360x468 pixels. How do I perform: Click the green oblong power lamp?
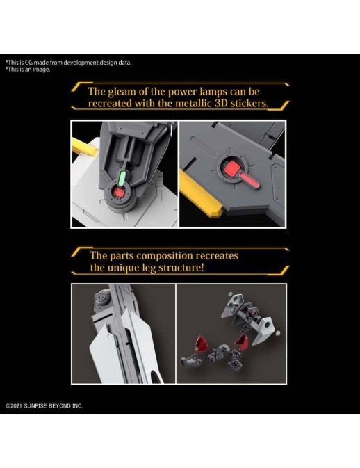click(x=122, y=178)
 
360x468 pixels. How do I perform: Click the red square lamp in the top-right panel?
click(x=231, y=169)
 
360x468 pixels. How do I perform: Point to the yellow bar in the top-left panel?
click(x=84, y=146)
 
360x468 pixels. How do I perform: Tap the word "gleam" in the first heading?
click(x=122, y=92)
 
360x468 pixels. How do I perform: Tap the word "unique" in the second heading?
click(x=122, y=268)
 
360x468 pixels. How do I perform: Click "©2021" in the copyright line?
click(x=14, y=406)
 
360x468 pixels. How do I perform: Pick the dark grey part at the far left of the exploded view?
click(x=191, y=360)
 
